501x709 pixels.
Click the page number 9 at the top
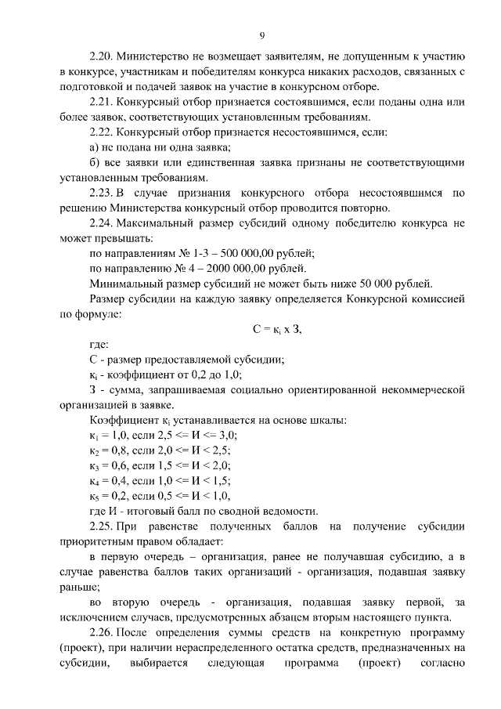coord(262,35)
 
